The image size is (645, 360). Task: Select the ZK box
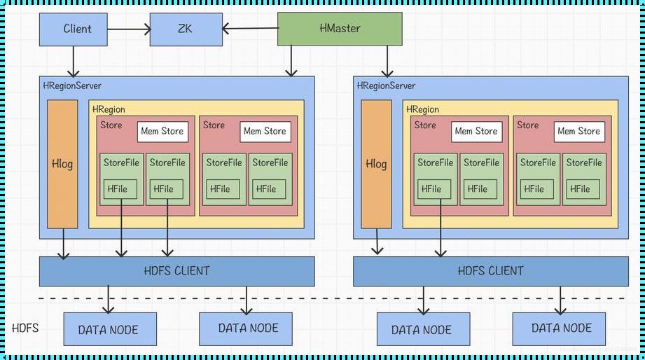click(x=184, y=29)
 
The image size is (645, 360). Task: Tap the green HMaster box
click(x=340, y=29)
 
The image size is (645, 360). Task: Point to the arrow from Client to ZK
click(x=129, y=29)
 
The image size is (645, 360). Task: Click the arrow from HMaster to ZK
click(x=249, y=29)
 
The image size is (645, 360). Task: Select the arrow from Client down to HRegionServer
click(x=73, y=61)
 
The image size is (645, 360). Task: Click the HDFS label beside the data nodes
click(x=25, y=328)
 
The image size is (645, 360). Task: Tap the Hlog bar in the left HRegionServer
click(x=62, y=164)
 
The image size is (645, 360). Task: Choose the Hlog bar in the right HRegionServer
click(x=376, y=164)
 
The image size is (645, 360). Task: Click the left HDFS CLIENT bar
click(x=176, y=271)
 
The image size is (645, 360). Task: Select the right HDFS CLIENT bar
click(x=490, y=271)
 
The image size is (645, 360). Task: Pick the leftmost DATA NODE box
click(x=109, y=329)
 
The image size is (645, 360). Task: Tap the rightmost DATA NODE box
click(x=561, y=328)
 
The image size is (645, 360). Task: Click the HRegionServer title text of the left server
click(x=71, y=85)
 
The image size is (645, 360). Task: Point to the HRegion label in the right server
click(x=422, y=109)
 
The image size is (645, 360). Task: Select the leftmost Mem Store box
click(x=162, y=131)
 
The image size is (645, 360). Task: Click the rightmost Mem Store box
click(x=579, y=131)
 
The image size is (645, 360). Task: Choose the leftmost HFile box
click(x=120, y=189)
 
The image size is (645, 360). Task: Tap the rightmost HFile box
click(x=579, y=189)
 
